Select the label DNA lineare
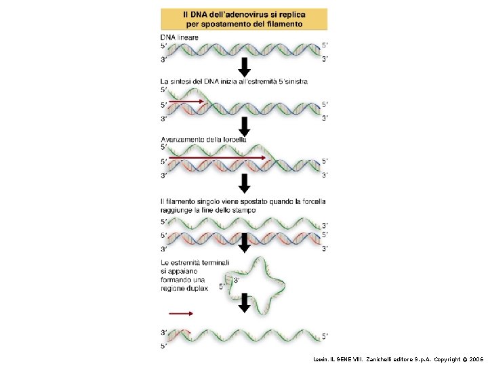click(180, 37)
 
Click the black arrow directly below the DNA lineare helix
click(245, 67)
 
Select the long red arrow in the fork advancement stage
click(217, 157)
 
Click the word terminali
click(213, 262)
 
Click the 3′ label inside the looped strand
click(237, 279)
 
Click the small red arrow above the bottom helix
click(180, 313)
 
